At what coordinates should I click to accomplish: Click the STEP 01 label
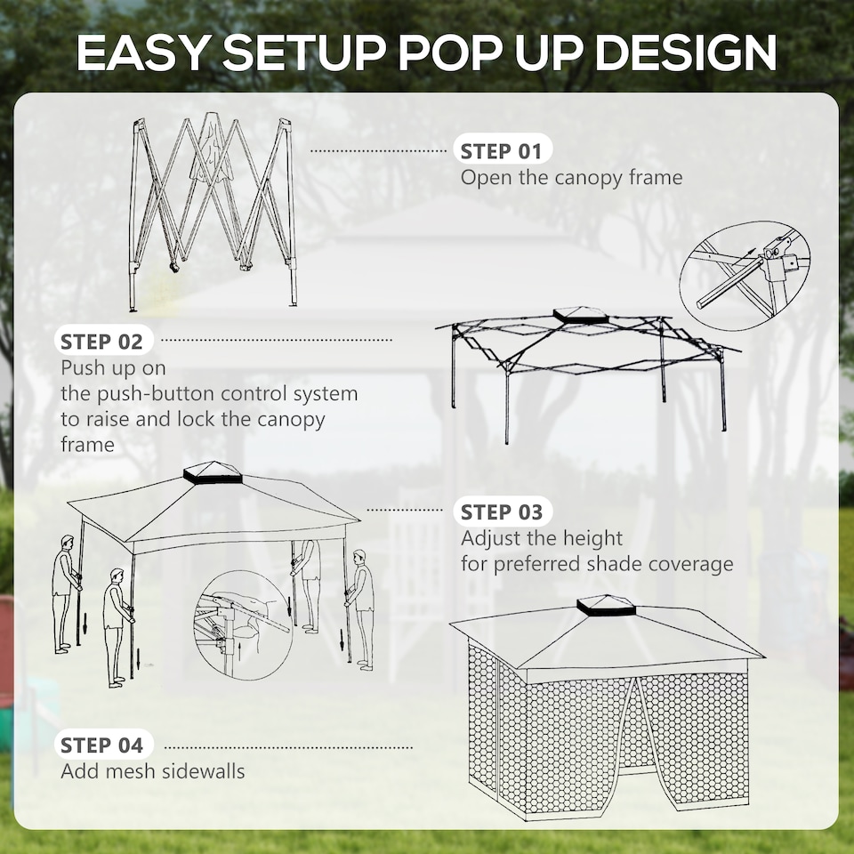(x=502, y=150)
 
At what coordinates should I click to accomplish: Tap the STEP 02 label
(x=101, y=341)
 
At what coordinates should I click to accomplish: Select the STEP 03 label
(x=502, y=512)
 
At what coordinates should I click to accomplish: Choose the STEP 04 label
(x=101, y=745)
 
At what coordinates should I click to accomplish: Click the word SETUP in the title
(x=303, y=53)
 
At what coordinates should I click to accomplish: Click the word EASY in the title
(x=142, y=53)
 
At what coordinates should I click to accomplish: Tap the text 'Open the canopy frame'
(x=571, y=177)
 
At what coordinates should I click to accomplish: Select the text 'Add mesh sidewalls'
(x=152, y=770)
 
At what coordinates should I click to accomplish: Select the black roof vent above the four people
(x=200, y=473)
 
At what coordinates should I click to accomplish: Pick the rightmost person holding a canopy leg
(x=362, y=608)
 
